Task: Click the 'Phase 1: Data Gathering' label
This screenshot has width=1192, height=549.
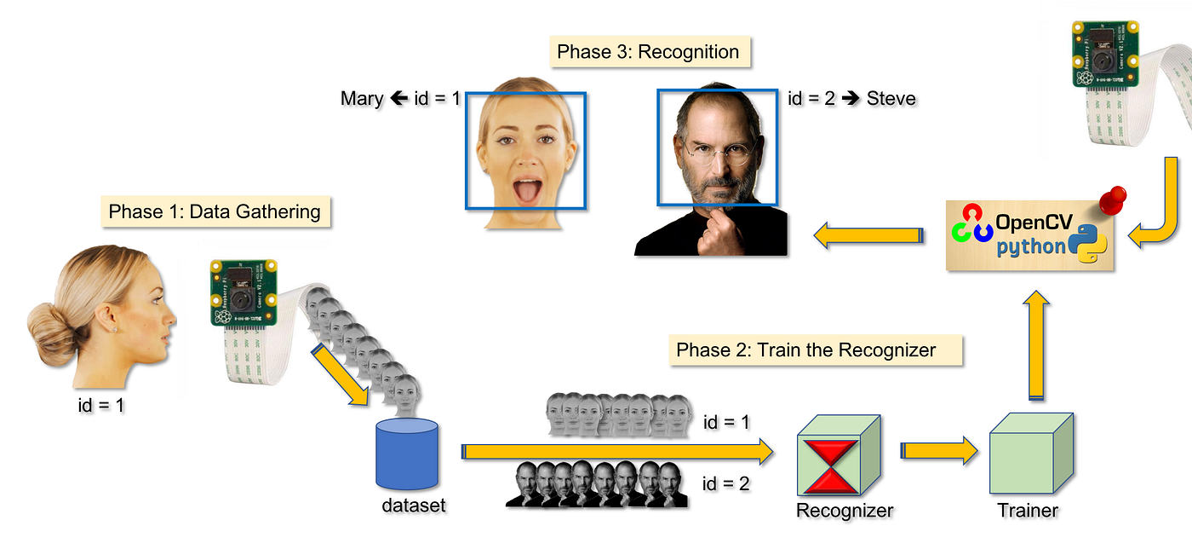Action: [215, 211]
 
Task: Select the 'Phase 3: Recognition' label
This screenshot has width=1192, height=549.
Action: [648, 52]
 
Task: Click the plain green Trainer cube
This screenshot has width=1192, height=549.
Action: [1030, 459]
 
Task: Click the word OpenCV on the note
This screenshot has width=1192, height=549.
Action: [1031, 223]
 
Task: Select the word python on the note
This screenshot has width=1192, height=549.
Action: [1031, 247]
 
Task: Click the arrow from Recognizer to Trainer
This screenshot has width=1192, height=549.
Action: [939, 451]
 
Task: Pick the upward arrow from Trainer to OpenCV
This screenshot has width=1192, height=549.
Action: [1035, 346]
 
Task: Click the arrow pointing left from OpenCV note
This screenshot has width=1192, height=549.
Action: [868, 234]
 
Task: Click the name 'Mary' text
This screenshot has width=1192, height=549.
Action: [362, 99]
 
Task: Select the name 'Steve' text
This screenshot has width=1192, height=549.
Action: [891, 99]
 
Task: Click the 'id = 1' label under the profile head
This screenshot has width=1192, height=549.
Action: [100, 406]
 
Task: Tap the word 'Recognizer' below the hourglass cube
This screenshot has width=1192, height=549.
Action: [844, 511]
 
